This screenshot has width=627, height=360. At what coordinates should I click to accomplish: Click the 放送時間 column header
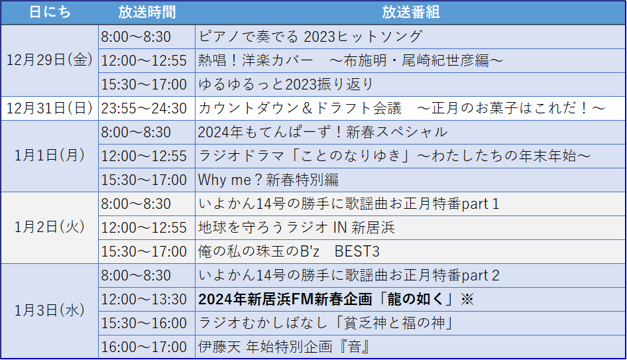[146, 13]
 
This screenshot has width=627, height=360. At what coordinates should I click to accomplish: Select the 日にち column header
[50, 13]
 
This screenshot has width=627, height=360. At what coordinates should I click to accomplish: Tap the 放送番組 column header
[411, 13]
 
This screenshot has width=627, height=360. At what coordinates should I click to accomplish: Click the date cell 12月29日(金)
[50, 60]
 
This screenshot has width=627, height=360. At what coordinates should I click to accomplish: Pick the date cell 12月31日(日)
[50, 108]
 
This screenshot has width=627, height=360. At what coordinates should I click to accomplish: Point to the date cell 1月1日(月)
[50, 156]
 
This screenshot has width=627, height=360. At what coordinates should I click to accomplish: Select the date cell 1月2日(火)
[50, 227]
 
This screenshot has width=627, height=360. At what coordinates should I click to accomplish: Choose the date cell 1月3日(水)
[50, 311]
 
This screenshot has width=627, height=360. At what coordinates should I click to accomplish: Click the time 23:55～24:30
[144, 109]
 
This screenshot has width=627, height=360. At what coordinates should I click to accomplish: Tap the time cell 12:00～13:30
[144, 299]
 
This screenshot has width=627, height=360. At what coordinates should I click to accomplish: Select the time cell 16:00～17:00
[144, 347]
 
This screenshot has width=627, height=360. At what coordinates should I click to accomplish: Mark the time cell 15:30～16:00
[144, 323]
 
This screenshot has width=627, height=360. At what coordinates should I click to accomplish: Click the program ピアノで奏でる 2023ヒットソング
[310, 36]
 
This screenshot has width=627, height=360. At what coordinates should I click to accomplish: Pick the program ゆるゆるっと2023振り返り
[286, 84]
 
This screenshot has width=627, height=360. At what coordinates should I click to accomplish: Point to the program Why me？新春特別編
[268, 180]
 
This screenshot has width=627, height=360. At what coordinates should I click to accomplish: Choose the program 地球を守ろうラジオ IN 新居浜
[297, 227]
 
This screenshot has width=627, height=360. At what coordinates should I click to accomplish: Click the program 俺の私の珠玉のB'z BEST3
[289, 251]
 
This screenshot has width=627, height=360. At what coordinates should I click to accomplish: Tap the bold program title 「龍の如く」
[416, 299]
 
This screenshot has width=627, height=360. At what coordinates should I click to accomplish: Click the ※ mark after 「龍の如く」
[467, 299]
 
